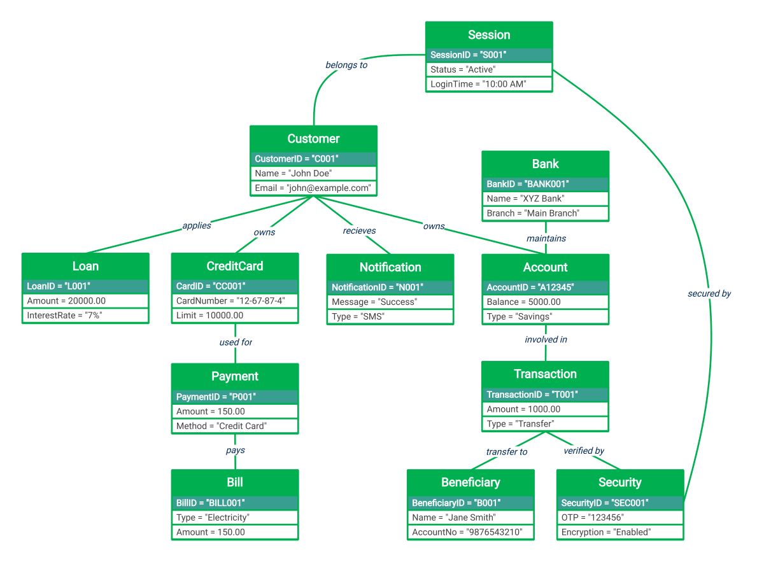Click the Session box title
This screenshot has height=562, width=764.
488,35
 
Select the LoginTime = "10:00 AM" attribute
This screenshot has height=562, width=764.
488,84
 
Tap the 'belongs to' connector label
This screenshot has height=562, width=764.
346,65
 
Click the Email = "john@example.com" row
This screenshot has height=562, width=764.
313,188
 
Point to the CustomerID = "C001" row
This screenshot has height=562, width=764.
313,158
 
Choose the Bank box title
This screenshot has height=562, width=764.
545,164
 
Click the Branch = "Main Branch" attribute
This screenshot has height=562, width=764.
545,213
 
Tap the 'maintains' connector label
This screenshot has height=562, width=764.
546,239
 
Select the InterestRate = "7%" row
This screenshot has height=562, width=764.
85,316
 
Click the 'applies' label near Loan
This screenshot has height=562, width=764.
197,225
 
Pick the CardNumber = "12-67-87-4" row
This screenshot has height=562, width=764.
234,300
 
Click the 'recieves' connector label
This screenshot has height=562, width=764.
359,231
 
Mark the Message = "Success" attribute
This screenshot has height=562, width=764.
390,302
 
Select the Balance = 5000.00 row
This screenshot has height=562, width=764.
545,302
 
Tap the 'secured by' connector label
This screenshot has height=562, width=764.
709,294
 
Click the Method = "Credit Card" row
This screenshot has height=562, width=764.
234,426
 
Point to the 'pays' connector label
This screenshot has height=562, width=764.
235,450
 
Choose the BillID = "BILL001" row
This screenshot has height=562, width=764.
234,502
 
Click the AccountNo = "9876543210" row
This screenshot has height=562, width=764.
470,532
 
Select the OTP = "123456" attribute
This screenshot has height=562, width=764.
619,517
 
